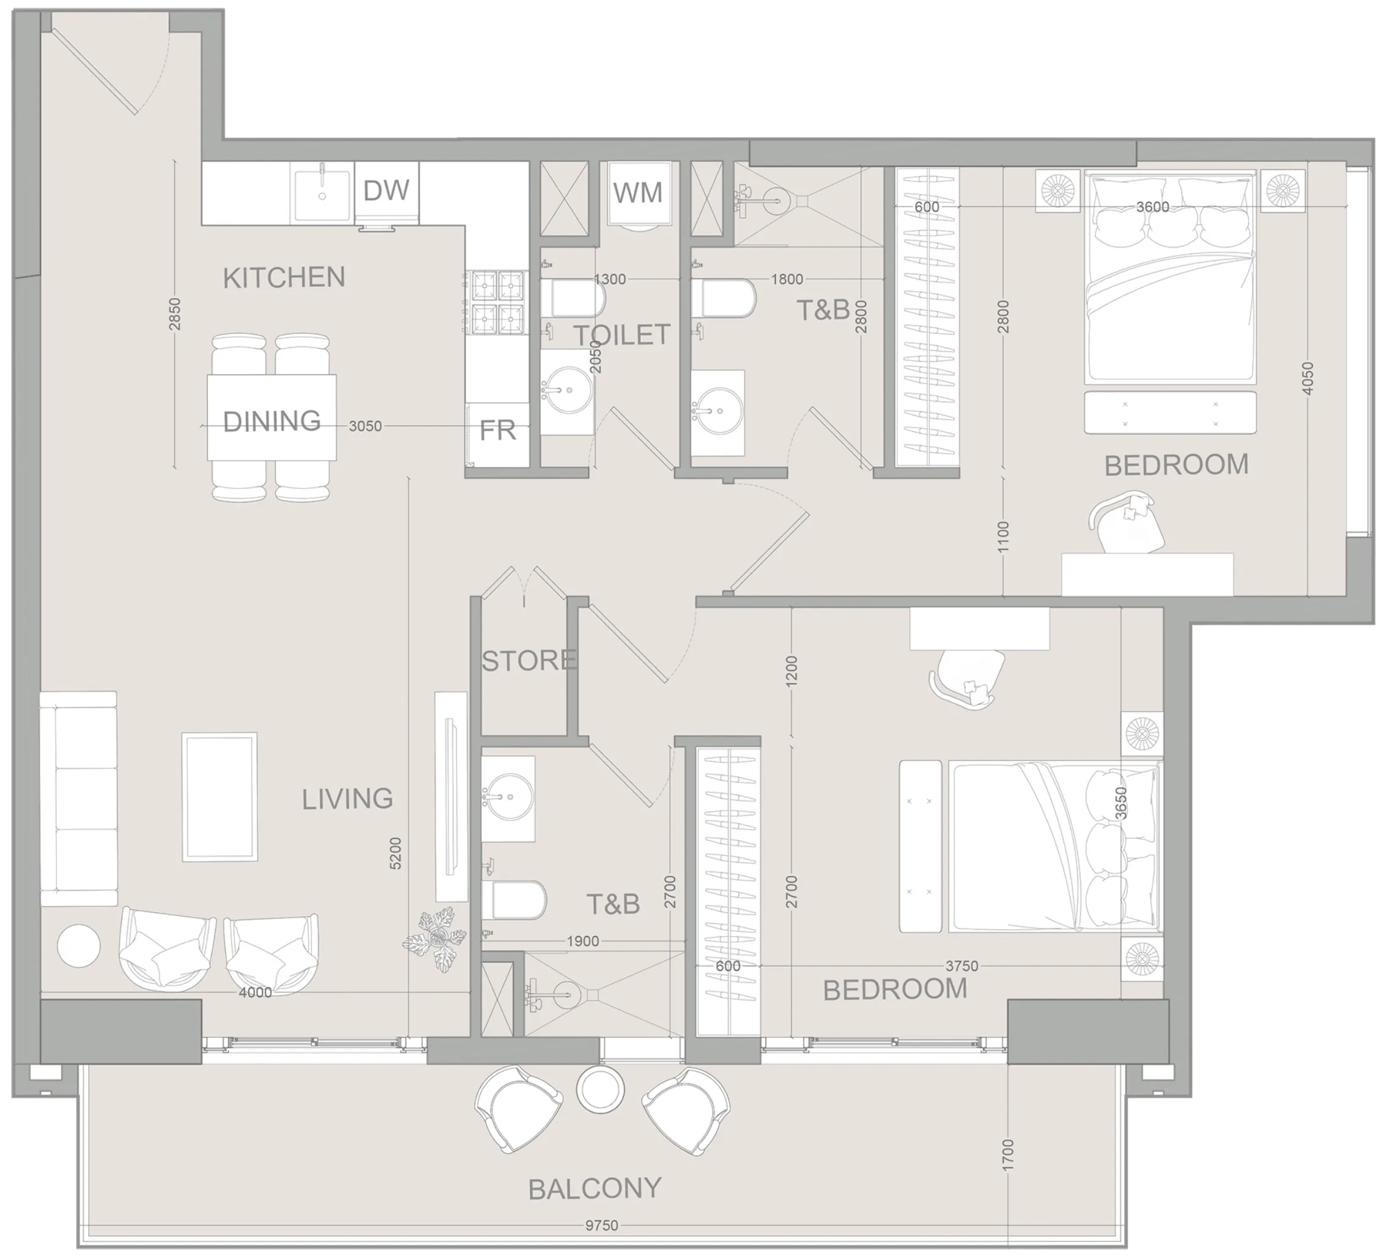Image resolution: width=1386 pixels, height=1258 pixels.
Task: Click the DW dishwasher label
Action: click(387, 190)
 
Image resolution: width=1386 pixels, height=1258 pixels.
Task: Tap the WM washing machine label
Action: click(638, 193)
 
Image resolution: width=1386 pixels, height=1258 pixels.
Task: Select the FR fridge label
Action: click(497, 431)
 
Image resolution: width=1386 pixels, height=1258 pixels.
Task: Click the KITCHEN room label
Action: click(284, 278)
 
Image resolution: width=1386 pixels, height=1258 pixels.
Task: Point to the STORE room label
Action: click(528, 661)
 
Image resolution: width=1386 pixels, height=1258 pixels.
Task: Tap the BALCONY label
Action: click(595, 1188)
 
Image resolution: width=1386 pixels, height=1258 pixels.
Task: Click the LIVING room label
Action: click(347, 799)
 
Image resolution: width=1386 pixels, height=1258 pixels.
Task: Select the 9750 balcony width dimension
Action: click(602, 1226)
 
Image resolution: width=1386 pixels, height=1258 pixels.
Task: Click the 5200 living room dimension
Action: click(395, 854)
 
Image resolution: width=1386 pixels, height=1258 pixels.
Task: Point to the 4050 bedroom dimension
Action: click(1308, 378)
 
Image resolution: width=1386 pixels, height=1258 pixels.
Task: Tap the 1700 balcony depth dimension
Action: click(1008, 1156)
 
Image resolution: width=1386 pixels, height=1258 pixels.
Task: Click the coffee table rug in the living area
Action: click(220, 797)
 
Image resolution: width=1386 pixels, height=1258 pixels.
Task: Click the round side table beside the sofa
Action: click(78, 947)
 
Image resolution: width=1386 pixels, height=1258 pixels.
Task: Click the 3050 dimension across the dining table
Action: click(365, 426)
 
